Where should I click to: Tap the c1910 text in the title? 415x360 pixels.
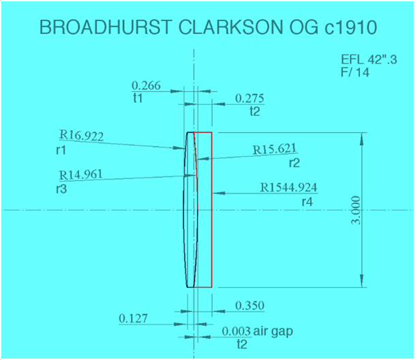343,28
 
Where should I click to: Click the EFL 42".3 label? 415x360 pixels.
369,60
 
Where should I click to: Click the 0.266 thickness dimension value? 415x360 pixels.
145,85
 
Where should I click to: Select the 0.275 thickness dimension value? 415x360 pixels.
249,98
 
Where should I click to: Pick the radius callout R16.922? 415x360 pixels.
81,136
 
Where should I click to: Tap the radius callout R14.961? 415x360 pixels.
81,174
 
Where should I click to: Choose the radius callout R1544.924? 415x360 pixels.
289,187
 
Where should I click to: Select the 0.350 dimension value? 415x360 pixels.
249,305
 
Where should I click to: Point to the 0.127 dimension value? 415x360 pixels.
134,318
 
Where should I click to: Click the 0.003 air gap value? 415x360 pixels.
235,331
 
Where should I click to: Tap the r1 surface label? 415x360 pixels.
62,149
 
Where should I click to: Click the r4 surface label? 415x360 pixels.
307,200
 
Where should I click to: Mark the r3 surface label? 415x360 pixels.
62,187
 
